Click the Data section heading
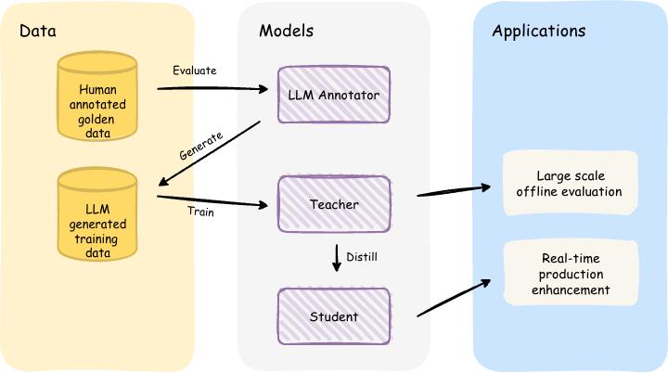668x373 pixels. pos(38,31)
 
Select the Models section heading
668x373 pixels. pos(286,31)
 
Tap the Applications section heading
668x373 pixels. pos(538,31)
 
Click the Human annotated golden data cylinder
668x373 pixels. pos(96,102)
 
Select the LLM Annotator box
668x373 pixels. pos(334,94)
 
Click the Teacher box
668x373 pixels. pos(334,204)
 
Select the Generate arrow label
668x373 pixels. pos(200,147)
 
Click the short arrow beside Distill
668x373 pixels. pos(337,256)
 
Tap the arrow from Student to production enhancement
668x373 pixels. pos(455,297)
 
